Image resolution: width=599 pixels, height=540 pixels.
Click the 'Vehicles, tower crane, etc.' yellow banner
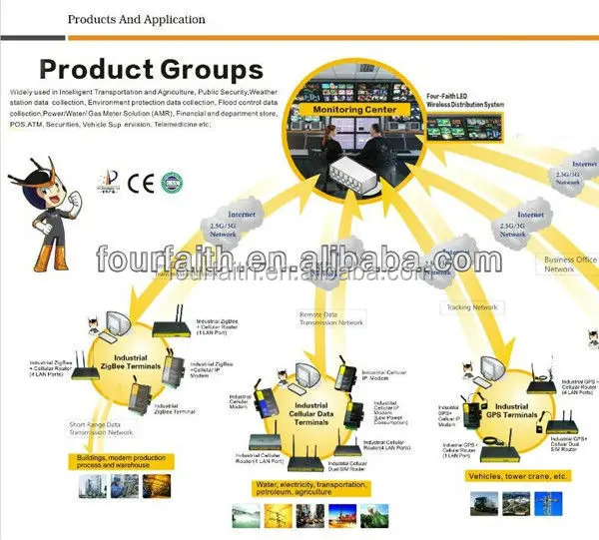[x=517, y=477]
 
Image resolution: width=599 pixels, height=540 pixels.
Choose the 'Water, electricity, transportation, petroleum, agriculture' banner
[x=301, y=491]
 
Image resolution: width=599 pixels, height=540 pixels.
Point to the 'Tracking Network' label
[x=471, y=307]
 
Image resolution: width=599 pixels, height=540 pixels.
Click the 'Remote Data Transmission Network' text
[x=331, y=319]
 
